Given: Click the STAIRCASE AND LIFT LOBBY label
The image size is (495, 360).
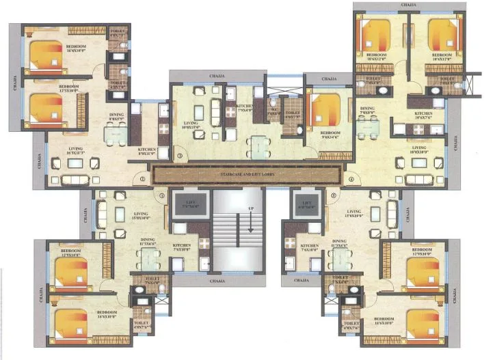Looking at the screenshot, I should [x=247, y=176].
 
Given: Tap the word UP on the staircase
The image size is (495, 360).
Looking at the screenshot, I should [x=251, y=208].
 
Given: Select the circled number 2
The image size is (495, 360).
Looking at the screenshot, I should [x=143, y=180].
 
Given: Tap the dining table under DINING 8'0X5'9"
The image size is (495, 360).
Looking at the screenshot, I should [x=116, y=134].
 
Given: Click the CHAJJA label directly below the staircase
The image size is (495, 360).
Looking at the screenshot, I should [x=218, y=281].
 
